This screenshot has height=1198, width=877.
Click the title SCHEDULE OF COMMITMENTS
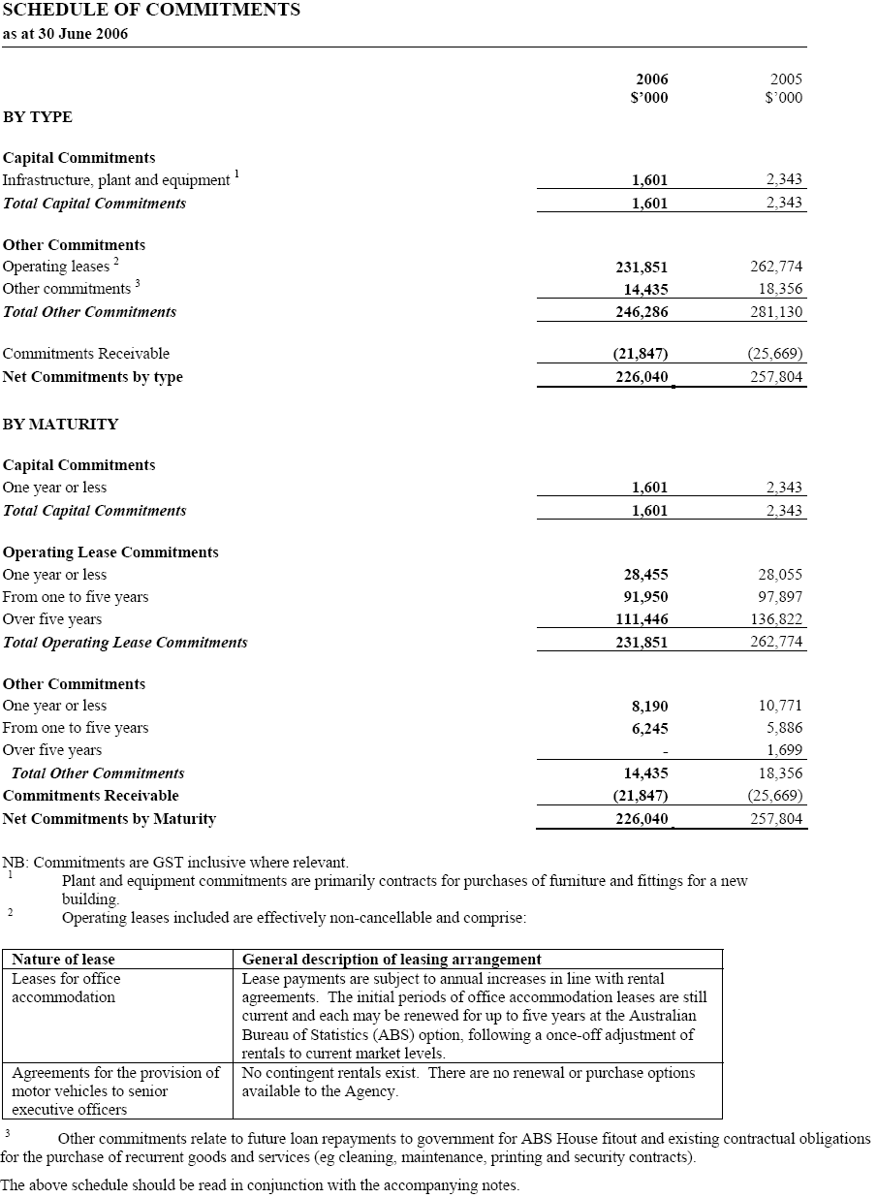click(x=151, y=11)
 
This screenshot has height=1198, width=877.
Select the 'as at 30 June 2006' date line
click(x=65, y=34)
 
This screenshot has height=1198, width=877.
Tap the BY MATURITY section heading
click(x=60, y=425)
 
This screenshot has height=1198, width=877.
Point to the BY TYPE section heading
click(x=38, y=117)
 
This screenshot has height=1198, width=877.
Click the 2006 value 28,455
click(x=644, y=575)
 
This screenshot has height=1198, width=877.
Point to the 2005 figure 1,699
click(x=784, y=750)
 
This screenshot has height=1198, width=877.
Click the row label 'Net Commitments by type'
click(x=93, y=377)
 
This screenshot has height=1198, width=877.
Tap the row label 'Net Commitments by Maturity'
click(x=110, y=819)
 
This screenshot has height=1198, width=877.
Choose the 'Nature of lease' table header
click(x=63, y=960)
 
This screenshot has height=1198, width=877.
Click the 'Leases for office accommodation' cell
click(x=66, y=988)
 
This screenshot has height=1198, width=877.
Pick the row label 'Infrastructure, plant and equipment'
click(x=116, y=180)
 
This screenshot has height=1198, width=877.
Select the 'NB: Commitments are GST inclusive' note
click(x=175, y=862)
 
